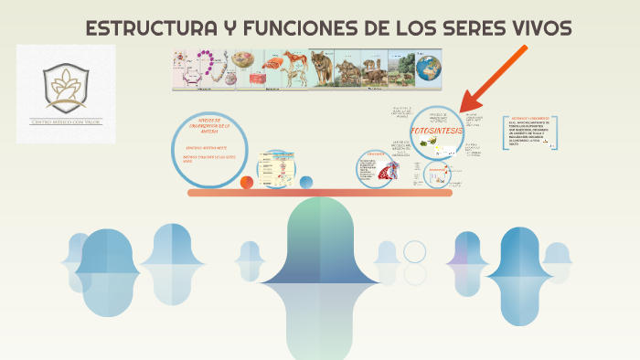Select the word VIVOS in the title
point(536,29)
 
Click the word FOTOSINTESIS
point(438,132)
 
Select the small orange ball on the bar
point(247,183)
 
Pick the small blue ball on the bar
point(306,182)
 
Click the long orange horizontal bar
point(320,193)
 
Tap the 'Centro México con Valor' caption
point(67,122)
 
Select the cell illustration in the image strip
point(242,62)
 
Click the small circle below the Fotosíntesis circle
point(444,170)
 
